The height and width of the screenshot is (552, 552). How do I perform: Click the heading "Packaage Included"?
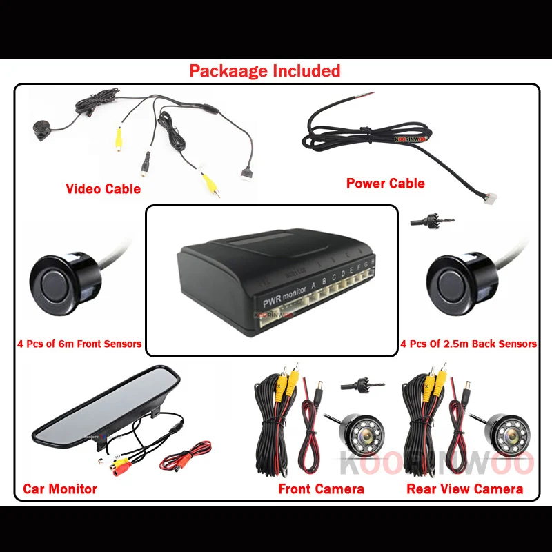(x=265, y=71)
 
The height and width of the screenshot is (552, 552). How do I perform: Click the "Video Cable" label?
(x=103, y=188)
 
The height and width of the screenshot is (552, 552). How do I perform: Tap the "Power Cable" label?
(x=385, y=183)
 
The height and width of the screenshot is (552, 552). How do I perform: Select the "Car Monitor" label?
(x=60, y=489)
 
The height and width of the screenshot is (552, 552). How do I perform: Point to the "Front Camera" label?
(x=321, y=489)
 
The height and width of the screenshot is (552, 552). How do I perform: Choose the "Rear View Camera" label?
(x=464, y=489)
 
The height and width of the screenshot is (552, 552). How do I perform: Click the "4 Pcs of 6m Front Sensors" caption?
(x=78, y=344)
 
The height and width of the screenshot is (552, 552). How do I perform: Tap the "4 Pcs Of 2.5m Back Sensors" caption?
(x=469, y=344)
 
